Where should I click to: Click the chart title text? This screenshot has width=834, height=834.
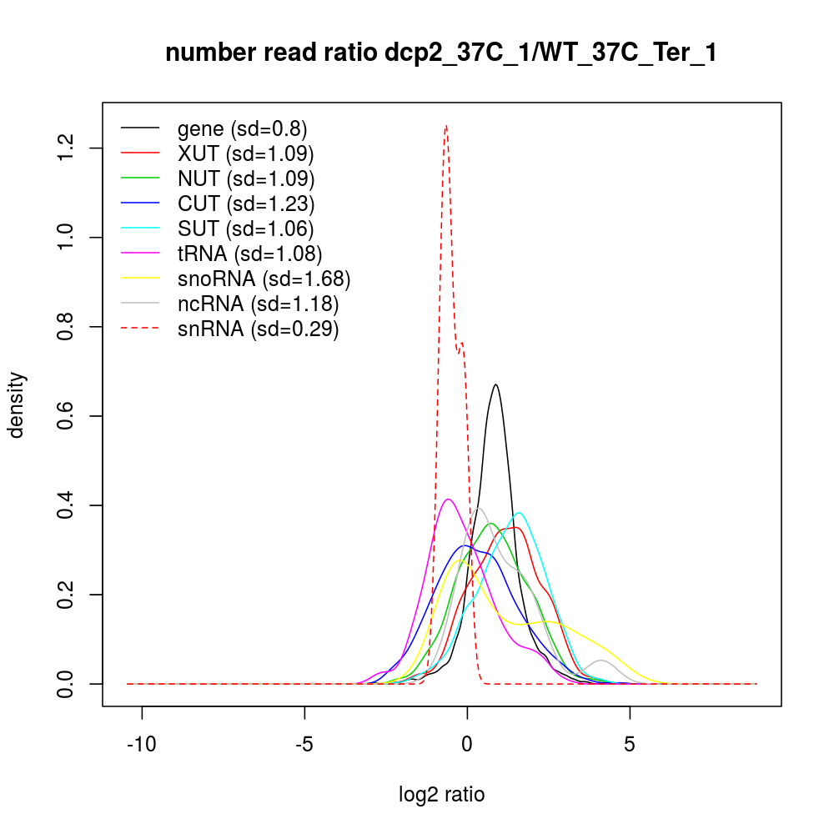click(x=441, y=53)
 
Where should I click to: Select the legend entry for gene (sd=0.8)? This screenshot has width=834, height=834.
click(x=242, y=128)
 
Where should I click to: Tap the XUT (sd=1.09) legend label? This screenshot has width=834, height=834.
click(x=245, y=153)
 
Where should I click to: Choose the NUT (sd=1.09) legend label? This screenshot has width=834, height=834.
click(x=245, y=178)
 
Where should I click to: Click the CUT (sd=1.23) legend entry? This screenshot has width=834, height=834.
click(x=245, y=203)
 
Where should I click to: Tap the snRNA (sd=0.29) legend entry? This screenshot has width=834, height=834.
click(x=258, y=329)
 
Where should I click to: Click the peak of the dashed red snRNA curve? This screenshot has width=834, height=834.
click(x=446, y=126)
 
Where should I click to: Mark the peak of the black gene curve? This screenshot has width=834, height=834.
click(x=495, y=384)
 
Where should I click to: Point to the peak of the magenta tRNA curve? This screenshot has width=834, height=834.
click(x=449, y=500)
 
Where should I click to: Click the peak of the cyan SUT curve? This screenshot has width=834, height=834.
click(x=519, y=513)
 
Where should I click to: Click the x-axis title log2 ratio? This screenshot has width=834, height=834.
click(x=441, y=794)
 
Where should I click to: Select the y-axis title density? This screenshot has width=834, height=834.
click(x=18, y=404)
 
